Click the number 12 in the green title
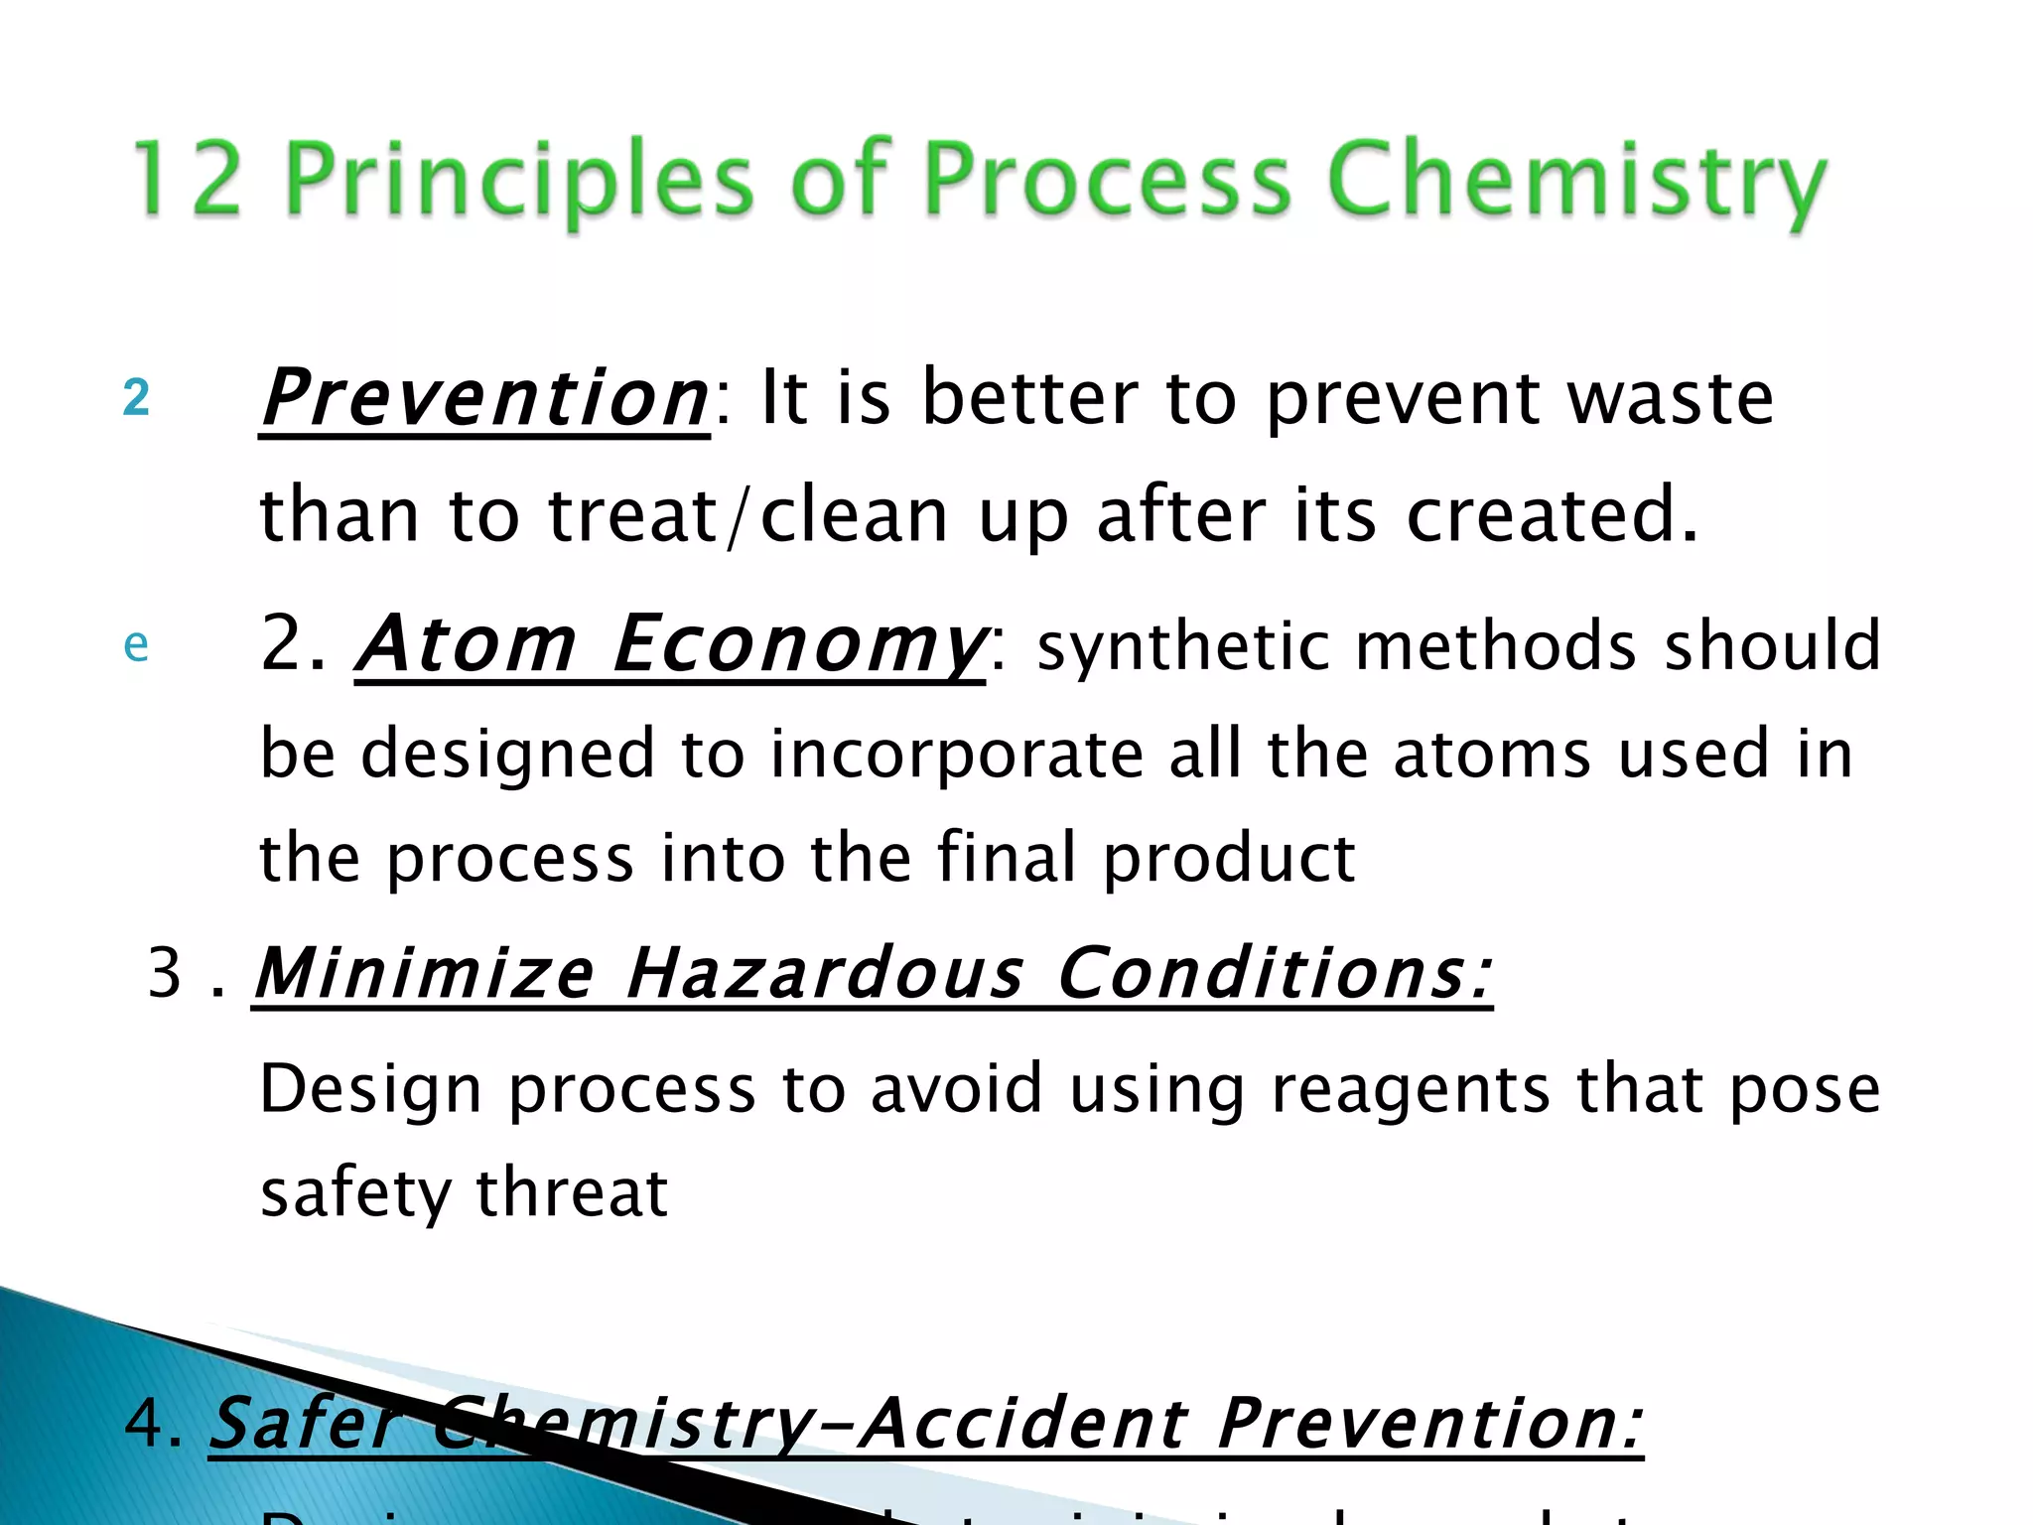(x=187, y=179)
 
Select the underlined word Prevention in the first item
(x=484, y=399)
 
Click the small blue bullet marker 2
(x=136, y=399)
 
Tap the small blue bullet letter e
(x=136, y=645)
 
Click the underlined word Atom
(x=467, y=645)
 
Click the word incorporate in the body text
(x=957, y=755)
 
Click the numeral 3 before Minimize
(x=165, y=973)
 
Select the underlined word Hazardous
(x=824, y=973)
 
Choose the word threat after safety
(x=572, y=1193)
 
